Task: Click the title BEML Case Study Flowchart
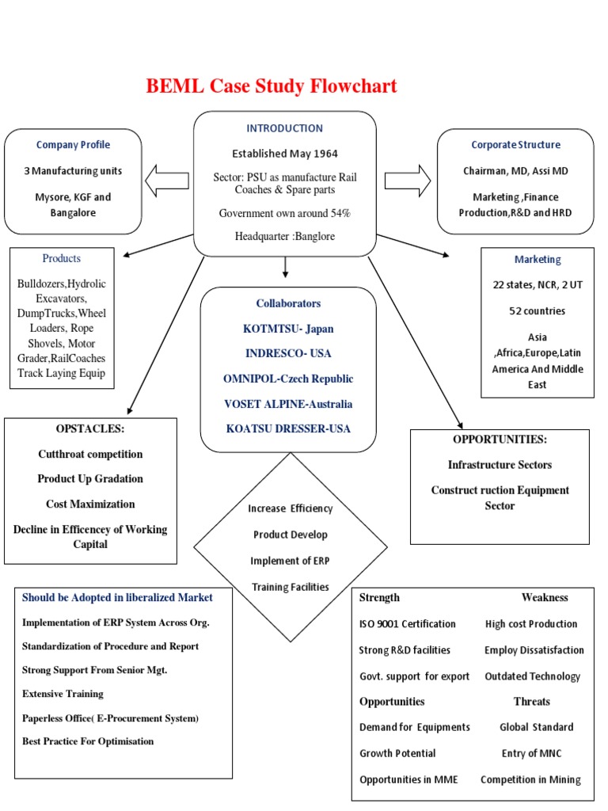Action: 271,86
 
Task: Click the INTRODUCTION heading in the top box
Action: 284,128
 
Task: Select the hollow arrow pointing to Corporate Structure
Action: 407,179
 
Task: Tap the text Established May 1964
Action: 284,154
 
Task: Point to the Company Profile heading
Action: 73,145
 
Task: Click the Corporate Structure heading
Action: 515,145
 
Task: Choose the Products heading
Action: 61,259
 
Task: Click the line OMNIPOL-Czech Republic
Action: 288,379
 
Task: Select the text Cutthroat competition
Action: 90,455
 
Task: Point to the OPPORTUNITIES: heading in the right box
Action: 500,440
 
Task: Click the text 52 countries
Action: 537,311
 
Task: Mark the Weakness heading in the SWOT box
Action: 544,598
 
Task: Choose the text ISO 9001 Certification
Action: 407,624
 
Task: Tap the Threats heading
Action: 531,702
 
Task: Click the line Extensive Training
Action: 63,694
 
